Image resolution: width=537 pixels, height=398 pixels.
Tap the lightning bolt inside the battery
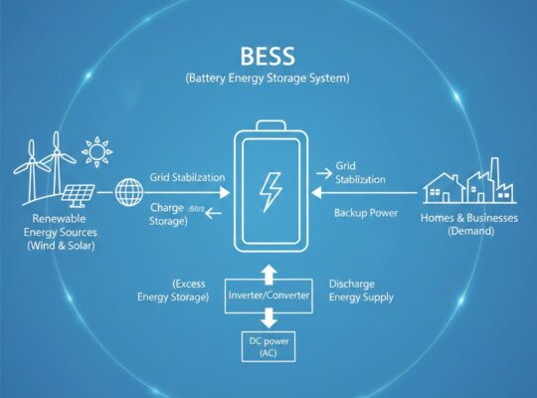[270, 188]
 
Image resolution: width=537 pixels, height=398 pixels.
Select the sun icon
[97, 153]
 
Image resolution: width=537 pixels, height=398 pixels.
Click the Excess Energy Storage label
[175, 290]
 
